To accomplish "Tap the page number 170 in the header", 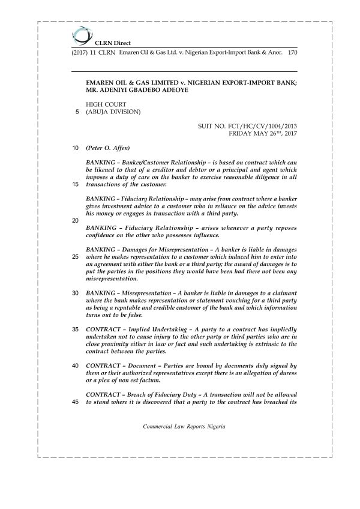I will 293,53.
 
